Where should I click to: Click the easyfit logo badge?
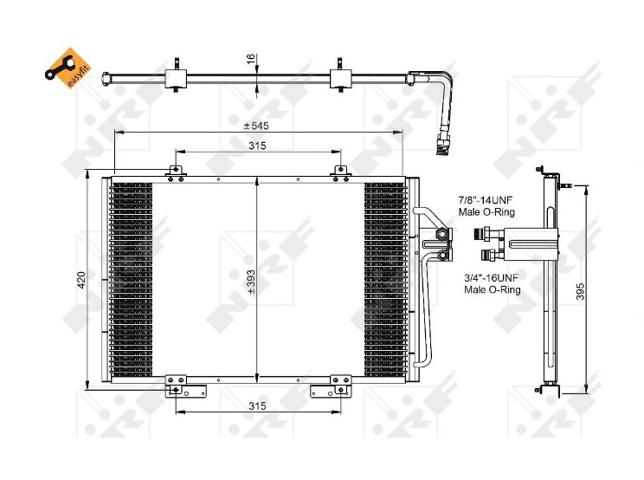(68, 68)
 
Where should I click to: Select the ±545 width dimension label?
(256, 126)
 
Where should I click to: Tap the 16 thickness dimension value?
(250, 59)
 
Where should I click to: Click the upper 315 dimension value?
(257, 146)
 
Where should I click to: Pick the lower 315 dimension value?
(257, 406)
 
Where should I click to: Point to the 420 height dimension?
(80, 280)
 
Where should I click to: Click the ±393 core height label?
(251, 282)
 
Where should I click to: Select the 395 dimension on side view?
(580, 291)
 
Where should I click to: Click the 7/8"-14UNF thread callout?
(486, 206)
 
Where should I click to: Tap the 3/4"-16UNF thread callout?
(492, 283)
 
